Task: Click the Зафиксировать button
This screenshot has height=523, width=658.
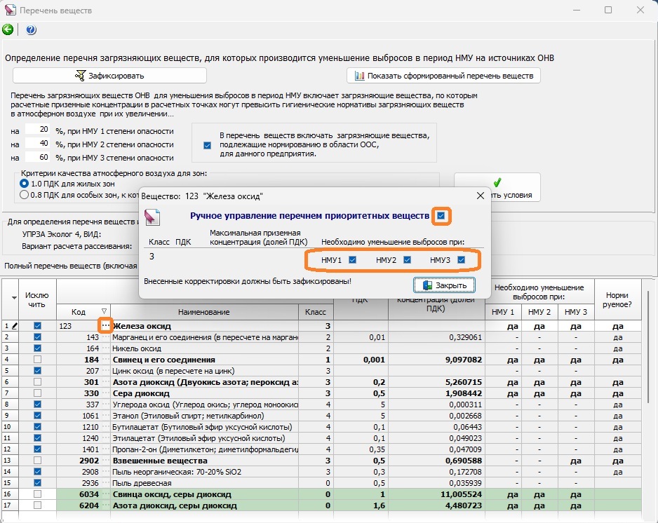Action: [109, 76]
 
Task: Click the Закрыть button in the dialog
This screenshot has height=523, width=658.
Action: [445, 285]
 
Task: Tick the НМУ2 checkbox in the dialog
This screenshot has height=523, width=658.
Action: [407, 260]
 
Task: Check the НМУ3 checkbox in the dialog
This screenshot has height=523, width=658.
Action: [461, 260]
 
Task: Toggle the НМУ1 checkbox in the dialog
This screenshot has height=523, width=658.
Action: [352, 260]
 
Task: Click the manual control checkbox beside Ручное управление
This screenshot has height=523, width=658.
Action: [441, 215]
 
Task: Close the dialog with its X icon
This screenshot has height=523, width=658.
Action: [481, 196]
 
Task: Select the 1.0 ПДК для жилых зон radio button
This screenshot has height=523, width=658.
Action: [24, 184]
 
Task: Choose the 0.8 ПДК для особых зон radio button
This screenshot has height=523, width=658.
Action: [24, 195]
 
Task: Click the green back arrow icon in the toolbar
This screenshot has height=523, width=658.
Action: [8, 29]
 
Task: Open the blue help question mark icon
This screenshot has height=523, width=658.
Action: [31, 29]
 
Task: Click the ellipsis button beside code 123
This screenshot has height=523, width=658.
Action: [105, 325]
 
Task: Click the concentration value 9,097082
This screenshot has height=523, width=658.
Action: [461, 360]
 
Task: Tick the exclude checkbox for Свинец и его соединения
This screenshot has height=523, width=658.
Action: [37, 360]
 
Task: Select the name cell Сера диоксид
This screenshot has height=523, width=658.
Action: [141, 393]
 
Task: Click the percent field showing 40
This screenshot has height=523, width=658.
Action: [38, 144]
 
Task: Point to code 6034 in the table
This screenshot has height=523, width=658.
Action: [89, 494]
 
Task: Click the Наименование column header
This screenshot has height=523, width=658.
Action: [204, 312]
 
